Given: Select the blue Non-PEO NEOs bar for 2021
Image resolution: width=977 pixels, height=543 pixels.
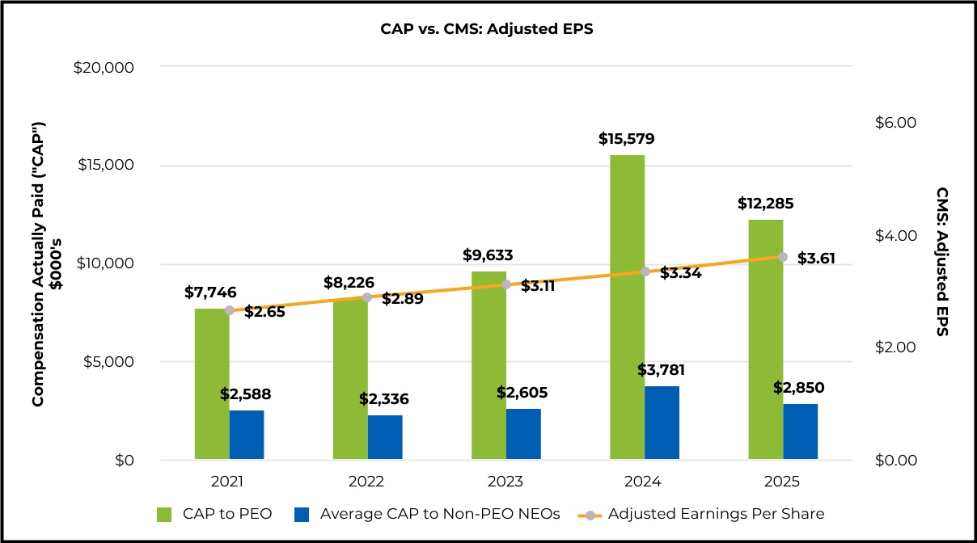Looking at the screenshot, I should point(247,436).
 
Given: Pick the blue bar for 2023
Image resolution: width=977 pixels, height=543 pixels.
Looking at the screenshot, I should point(523,435).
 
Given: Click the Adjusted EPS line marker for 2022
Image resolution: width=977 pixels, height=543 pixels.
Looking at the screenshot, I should point(367,297).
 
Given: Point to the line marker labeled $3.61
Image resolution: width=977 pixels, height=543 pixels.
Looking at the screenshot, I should point(782,257).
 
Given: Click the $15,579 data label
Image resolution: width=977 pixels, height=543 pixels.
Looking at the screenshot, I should point(627,139).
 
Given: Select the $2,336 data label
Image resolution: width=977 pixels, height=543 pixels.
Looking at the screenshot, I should point(384,398).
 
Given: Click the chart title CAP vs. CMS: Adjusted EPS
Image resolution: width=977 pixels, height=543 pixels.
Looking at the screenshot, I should point(488,29).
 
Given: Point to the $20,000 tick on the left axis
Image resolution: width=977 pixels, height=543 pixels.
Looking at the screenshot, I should point(104,68).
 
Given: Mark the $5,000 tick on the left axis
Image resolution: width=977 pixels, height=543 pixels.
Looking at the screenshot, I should point(108,363).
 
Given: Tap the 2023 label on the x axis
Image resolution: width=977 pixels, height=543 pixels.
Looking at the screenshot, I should point(505,482).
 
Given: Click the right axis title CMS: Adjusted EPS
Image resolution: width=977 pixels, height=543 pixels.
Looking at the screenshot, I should point(942,263).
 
